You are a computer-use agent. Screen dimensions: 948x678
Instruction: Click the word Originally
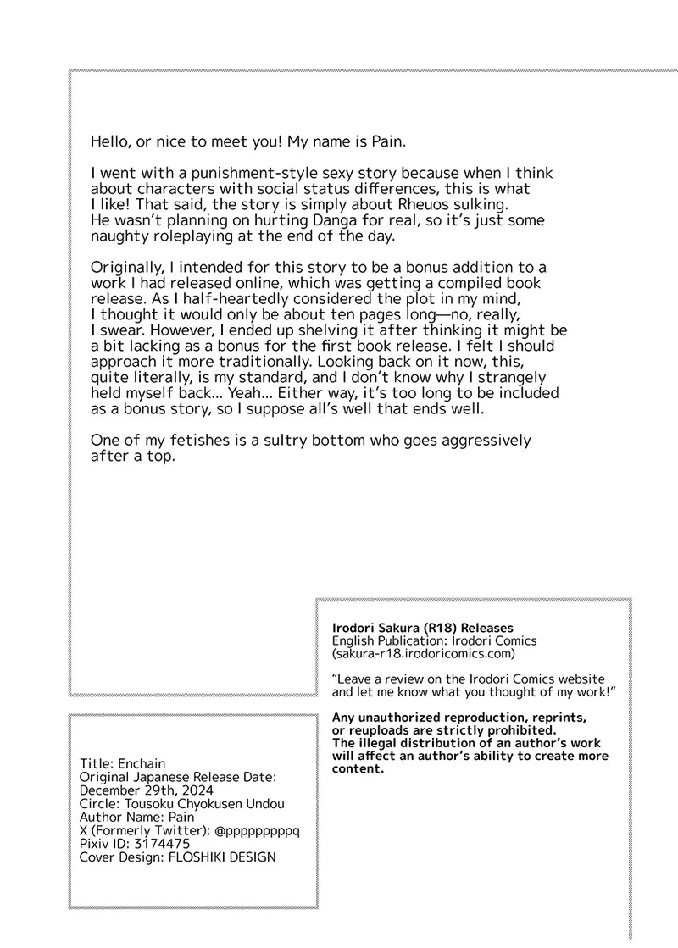(127, 268)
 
